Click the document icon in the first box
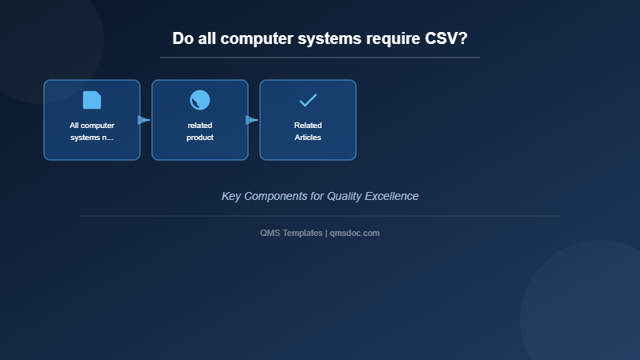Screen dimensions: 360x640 [92, 100]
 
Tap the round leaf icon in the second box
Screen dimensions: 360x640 [200, 100]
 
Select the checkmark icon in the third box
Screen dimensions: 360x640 [308, 100]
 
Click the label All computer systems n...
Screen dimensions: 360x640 [92, 131]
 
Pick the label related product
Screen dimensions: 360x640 [200, 131]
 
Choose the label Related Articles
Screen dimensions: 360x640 [308, 131]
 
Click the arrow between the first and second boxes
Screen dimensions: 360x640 [144, 120]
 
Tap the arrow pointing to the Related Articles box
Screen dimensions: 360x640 [252, 120]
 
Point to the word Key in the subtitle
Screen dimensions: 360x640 [231, 196]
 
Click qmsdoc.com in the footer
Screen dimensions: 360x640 [354, 233]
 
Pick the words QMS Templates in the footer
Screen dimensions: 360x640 [291, 233]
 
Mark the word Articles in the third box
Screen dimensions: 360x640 [308, 138]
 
